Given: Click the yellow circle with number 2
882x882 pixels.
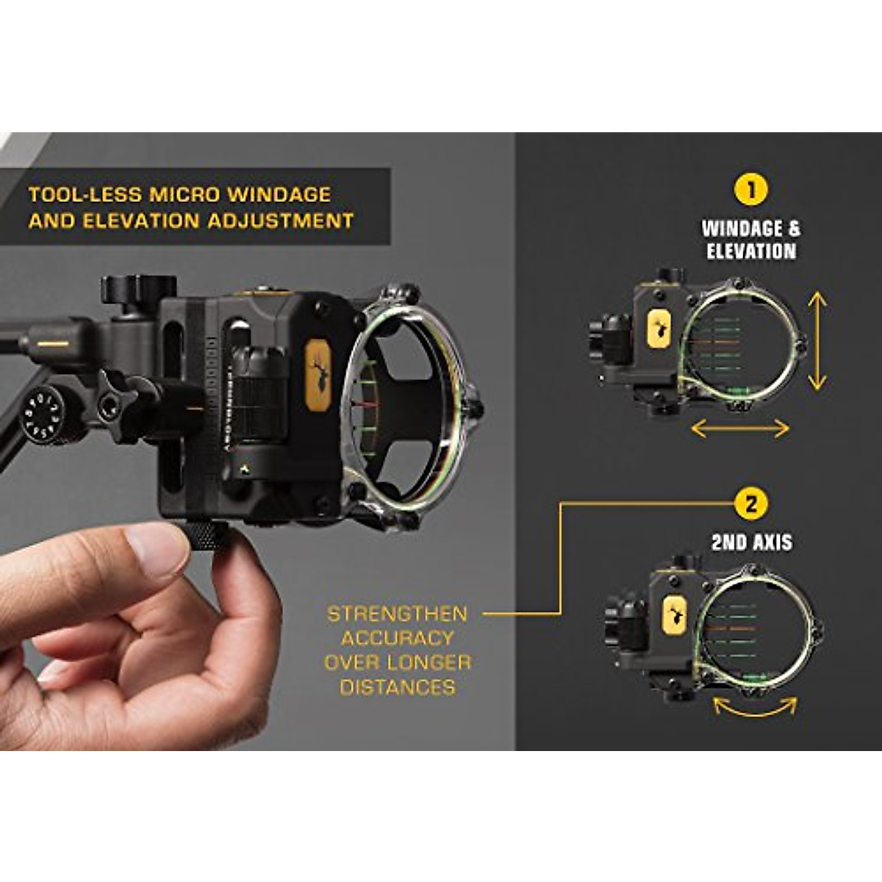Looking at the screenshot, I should [x=750, y=505].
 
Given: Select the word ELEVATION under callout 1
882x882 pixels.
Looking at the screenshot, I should [x=751, y=251].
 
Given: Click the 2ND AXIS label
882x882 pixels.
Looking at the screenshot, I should [x=751, y=542].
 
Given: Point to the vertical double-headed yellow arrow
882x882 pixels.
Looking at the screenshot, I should [x=817, y=340].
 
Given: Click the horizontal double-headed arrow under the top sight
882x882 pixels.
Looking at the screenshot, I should [x=740, y=429].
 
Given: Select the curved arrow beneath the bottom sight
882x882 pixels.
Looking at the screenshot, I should [x=755, y=707].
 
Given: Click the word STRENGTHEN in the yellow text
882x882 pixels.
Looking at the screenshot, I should [x=397, y=614].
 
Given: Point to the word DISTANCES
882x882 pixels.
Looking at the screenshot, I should [x=398, y=687].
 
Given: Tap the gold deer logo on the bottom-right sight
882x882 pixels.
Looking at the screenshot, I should [x=673, y=614].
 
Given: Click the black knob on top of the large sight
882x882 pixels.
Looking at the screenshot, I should [x=139, y=289].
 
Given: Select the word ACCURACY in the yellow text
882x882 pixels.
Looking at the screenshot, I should [x=398, y=638].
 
